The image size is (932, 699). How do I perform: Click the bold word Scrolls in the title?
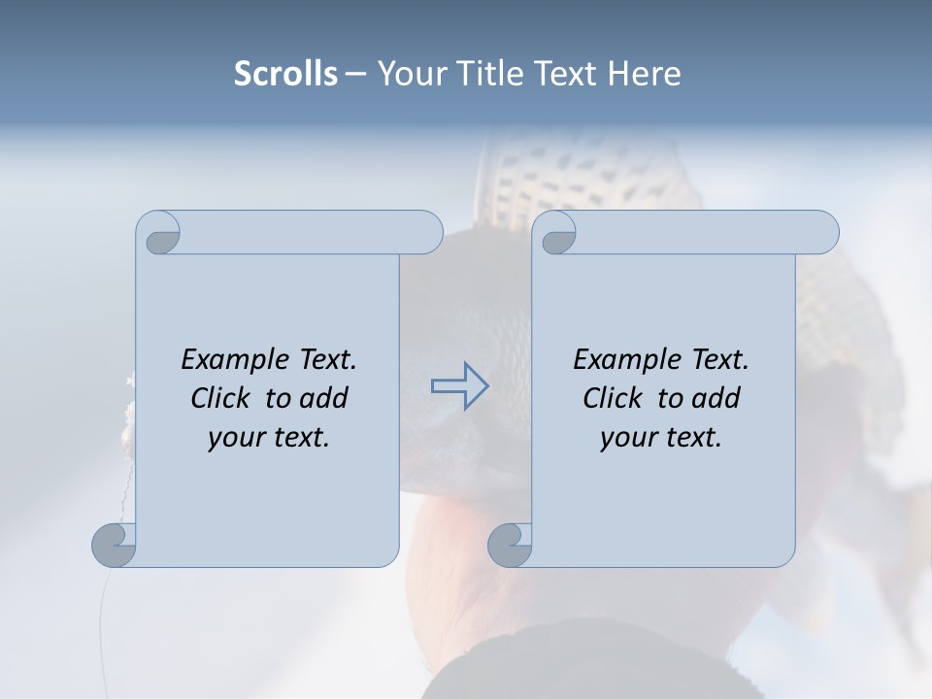tap(286, 74)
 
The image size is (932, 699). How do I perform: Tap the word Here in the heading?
tap(645, 74)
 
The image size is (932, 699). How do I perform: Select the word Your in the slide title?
tap(409, 74)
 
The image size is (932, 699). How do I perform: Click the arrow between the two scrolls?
tap(459, 386)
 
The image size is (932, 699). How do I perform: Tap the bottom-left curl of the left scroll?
tap(115, 545)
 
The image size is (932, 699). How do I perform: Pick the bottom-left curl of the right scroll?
tap(511, 545)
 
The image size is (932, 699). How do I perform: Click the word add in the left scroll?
tap(322, 398)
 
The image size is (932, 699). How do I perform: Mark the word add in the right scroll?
tap(715, 398)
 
